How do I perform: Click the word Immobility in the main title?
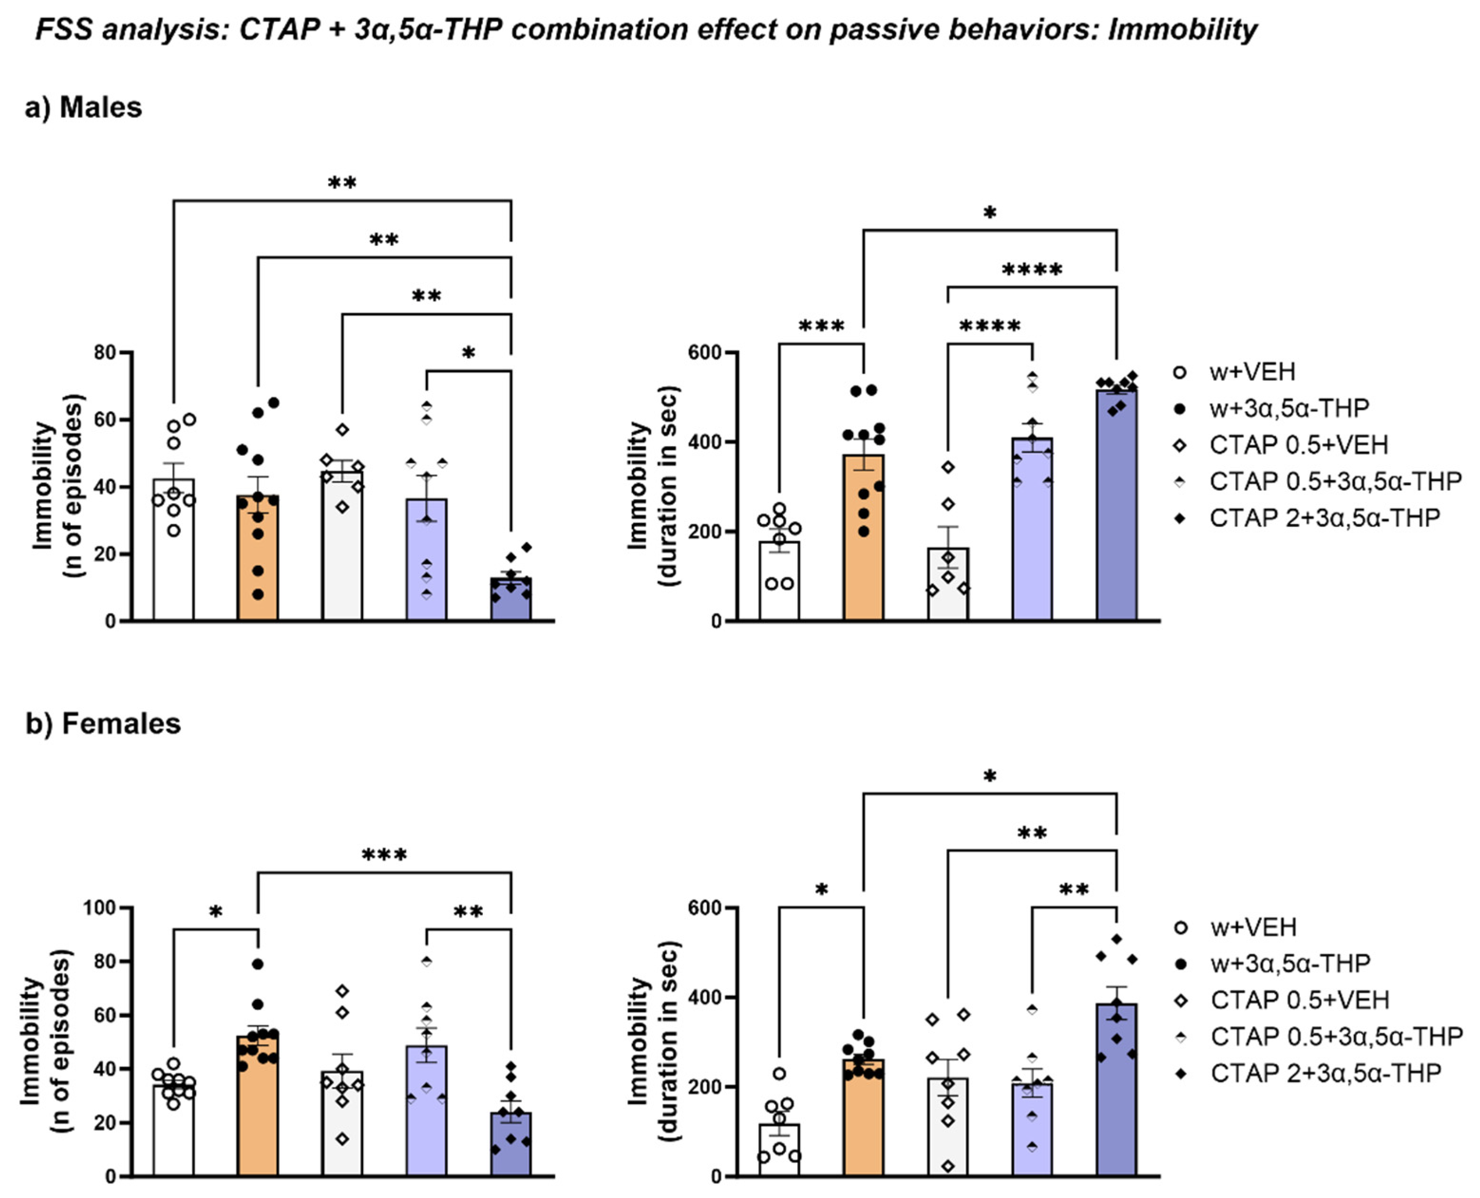click(x=1182, y=30)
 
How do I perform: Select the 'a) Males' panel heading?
click(x=84, y=108)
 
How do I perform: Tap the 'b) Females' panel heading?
click(x=104, y=724)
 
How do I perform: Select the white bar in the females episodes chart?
click(x=173, y=1132)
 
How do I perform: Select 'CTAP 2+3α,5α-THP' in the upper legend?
click(x=1324, y=517)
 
